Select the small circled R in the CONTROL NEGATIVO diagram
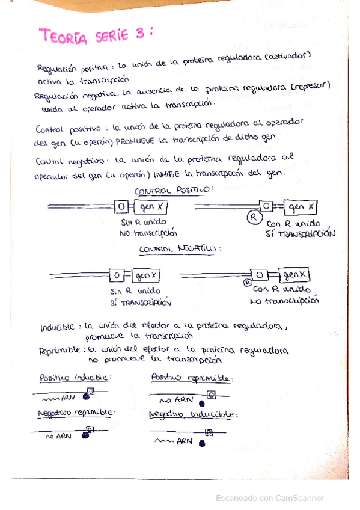(246, 280)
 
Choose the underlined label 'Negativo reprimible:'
(76, 414)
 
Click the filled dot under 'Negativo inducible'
(202, 444)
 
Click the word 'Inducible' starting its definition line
(57, 328)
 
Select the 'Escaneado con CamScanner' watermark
(270, 497)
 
